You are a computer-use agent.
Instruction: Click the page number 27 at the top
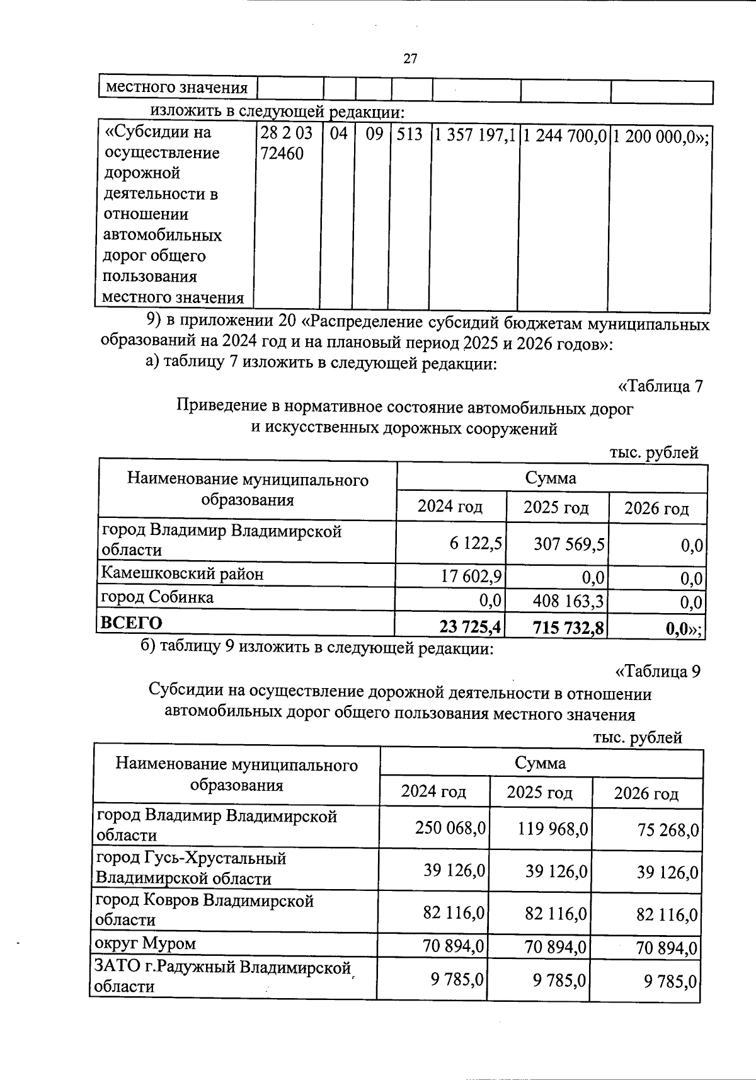[409, 59]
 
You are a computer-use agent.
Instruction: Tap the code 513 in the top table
[409, 134]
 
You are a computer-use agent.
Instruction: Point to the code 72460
[282, 153]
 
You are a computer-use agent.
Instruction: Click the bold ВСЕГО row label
[131, 623]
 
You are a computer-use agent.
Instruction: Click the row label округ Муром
[145, 943]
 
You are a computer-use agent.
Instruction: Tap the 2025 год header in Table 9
[539, 792]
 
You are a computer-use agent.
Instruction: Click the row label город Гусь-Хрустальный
[190, 868]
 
